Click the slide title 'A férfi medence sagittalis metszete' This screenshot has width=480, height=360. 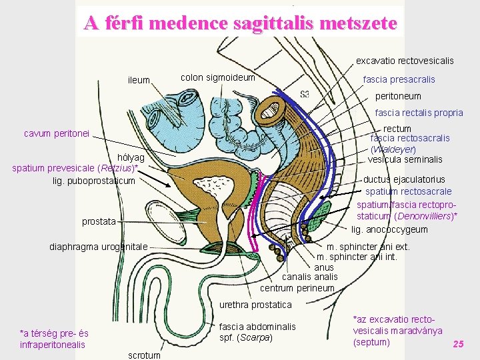tap(240, 23)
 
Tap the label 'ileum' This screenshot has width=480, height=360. tap(139, 81)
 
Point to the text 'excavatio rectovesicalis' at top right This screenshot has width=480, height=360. tap(405, 61)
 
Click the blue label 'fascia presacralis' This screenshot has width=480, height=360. tap(399, 79)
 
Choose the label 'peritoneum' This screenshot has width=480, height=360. tap(398, 96)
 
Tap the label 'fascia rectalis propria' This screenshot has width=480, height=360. tap(419, 113)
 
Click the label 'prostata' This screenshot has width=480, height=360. tap(99, 221)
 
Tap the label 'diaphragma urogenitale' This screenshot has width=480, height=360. tap(99, 247)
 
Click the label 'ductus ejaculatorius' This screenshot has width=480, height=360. tap(404, 179)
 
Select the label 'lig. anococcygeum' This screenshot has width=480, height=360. tap(389, 229)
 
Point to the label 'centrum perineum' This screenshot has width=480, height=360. tap(297, 288)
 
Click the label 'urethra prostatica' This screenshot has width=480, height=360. tap(256, 305)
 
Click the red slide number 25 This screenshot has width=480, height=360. tap(458, 344)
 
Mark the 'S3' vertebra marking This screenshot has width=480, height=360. tap(305, 93)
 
